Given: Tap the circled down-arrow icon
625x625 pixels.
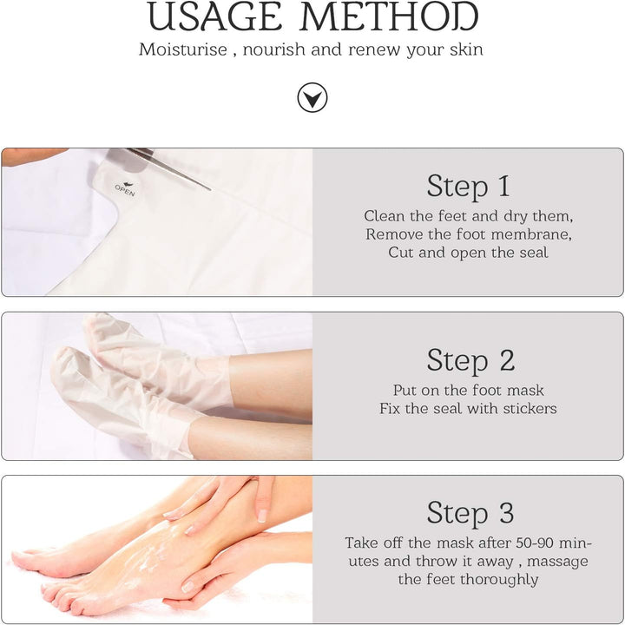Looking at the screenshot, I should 312,97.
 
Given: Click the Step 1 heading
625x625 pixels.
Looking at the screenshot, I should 468,186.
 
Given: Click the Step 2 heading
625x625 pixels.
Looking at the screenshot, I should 468,359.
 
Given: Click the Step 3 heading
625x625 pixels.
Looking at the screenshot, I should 468,512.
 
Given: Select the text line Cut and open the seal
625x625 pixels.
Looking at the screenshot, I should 468,253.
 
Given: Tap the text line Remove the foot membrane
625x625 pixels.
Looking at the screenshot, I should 468,234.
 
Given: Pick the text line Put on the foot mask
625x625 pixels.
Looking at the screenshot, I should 468,390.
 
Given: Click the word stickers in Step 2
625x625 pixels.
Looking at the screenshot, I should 528,408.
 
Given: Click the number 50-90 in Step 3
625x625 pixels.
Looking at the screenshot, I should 530,543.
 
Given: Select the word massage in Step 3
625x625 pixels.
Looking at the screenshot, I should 556,562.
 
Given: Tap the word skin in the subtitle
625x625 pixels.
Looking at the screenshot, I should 464,49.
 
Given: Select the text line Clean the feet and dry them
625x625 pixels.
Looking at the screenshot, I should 468,216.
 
